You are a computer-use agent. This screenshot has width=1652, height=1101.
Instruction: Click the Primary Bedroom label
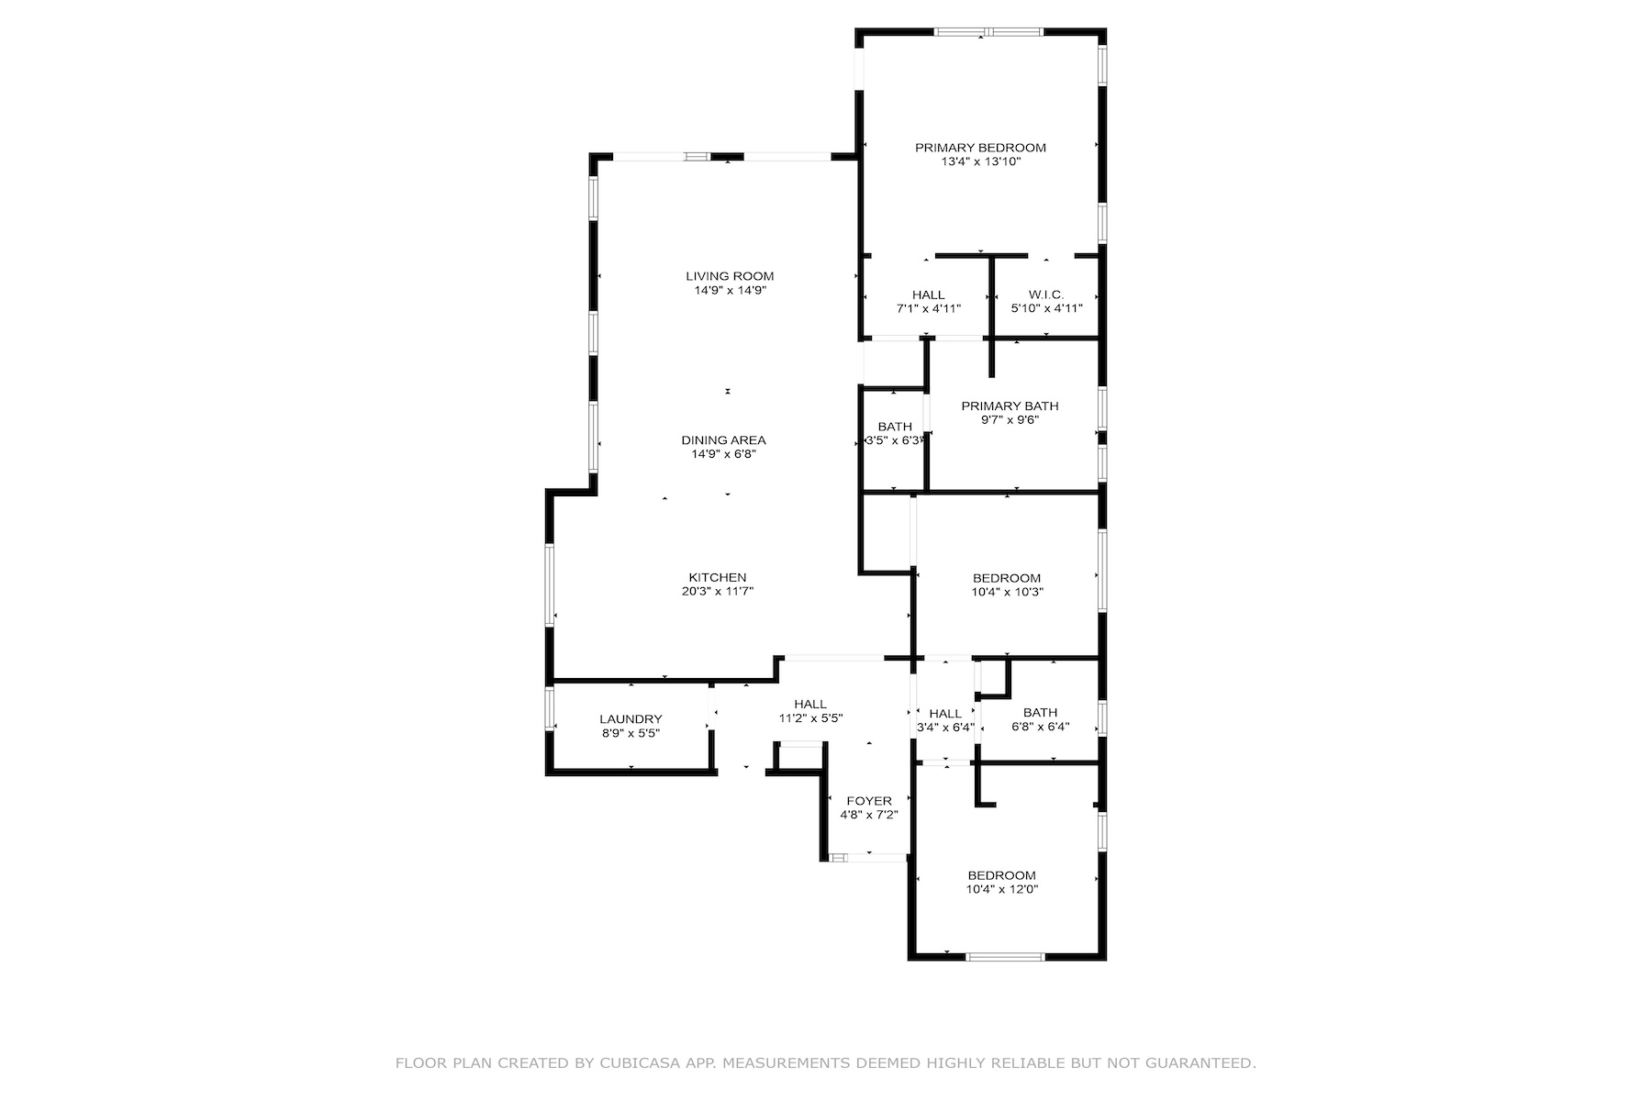coord(980,148)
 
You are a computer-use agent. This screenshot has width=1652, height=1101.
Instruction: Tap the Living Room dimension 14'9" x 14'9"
coord(730,290)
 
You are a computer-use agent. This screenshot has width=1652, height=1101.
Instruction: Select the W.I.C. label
coord(1045,295)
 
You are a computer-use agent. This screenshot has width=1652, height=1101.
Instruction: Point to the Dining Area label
coord(723,440)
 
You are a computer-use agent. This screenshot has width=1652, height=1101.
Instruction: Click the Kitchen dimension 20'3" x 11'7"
coord(717,592)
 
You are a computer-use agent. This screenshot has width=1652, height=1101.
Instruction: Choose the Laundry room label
coord(631,719)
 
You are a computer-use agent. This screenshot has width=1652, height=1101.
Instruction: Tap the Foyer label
coord(868,801)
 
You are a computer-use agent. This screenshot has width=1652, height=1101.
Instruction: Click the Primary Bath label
coord(1010,406)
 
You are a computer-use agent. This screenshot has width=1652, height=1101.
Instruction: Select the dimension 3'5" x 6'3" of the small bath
coord(894,440)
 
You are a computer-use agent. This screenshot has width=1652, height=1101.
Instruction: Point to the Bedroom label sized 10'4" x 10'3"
coord(1007,578)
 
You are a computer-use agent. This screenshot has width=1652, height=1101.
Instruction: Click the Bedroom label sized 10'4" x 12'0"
coord(1001,875)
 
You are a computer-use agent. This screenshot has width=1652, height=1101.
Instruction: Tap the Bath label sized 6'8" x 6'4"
coord(1040,713)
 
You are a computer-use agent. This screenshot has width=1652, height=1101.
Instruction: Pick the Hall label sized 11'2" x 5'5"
coord(810,705)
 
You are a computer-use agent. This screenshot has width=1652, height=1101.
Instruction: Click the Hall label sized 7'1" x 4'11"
coord(928,295)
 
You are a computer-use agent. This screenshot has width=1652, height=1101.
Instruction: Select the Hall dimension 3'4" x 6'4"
coord(945,728)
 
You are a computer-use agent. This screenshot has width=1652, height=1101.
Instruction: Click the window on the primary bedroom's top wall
coord(988,32)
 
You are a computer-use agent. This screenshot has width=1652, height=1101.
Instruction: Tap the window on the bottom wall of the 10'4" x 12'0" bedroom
coord(1005,956)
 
